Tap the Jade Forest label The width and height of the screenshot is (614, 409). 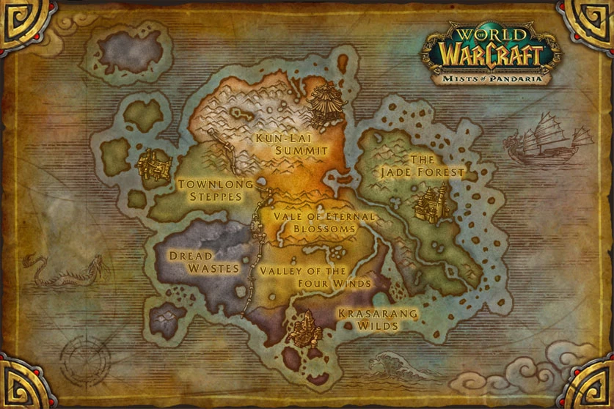[423, 166]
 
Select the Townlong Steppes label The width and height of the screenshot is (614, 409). [215, 191]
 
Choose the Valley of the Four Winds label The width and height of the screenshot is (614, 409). [314, 277]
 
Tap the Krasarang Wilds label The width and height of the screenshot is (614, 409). [379, 320]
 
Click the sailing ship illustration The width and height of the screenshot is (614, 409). [548, 138]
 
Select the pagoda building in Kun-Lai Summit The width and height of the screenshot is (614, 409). [321, 103]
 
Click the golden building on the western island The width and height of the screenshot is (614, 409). [152, 164]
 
